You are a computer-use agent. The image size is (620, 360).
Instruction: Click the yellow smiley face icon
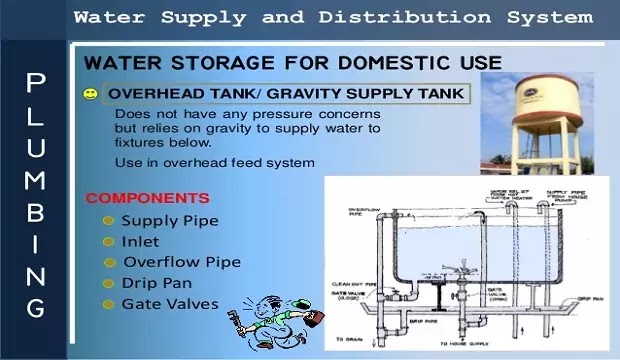91,94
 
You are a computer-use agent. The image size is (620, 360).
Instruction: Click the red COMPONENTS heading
147,198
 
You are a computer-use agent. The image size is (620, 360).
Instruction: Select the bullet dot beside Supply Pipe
108,220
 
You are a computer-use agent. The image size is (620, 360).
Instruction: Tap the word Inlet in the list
140,241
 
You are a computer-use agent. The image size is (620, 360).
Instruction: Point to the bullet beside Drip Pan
108,283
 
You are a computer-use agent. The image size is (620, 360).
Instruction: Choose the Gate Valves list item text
170,303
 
